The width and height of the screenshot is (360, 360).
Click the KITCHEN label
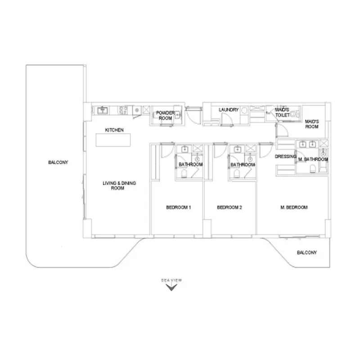(x=114, y=130)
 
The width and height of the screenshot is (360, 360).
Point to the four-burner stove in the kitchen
(x=122, y=109)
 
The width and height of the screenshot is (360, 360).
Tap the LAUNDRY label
(x=228, y=110)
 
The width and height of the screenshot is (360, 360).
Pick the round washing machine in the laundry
(x=244, y=110)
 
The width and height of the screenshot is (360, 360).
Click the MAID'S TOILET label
(x=283, y=113)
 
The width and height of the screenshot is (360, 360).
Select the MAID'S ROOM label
(x=311, y=124)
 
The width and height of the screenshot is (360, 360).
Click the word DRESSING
(x=285, y=157)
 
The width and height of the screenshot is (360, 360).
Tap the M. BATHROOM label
(x=313, y=160)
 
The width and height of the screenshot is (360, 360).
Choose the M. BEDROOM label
(x=294, y=207)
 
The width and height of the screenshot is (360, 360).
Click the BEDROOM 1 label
(x=179, y=207)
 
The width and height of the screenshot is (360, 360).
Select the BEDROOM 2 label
(x=229, y=207)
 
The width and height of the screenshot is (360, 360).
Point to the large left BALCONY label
(x=58, y=162)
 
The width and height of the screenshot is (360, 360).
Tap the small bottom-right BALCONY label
(x=307, y=253)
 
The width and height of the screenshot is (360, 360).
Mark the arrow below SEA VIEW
(x=171, y=288)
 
